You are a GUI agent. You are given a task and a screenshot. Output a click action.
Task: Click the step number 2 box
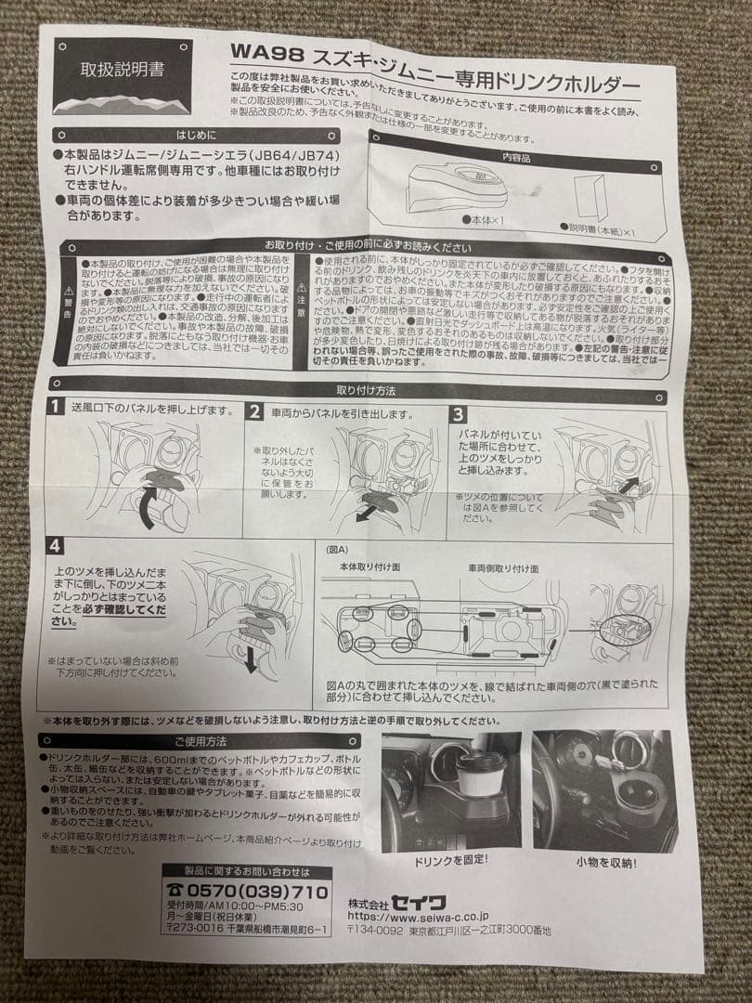click(254, 412)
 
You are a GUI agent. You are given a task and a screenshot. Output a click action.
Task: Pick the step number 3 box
click(459, 414)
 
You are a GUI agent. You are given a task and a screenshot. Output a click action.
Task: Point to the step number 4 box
click(57, 545)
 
